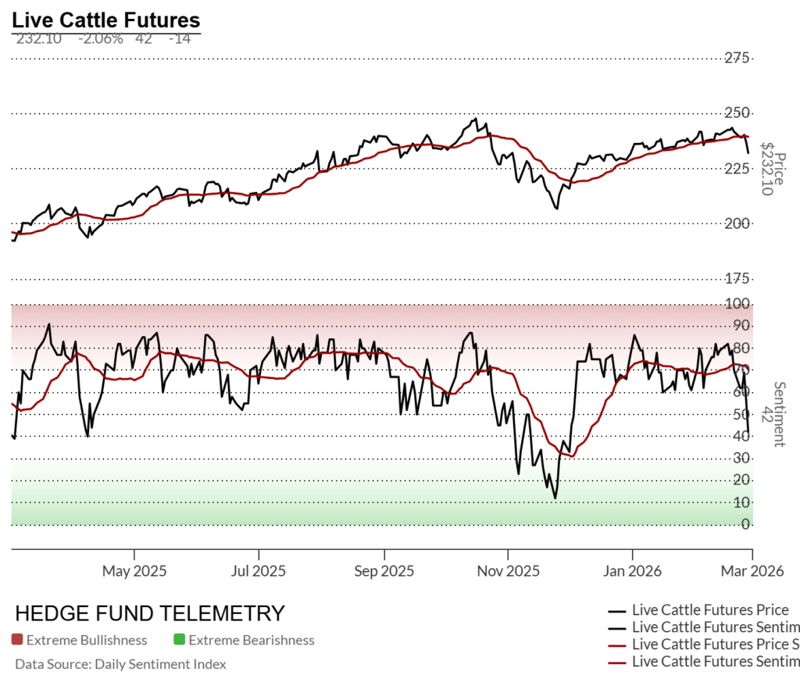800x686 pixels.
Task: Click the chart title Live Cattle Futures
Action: pyautogui.click(x=105, y=20)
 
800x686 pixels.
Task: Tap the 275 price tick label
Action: pyautogui.click(x=737, y=58)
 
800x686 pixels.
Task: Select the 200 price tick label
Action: pyautogui.click(x=737, y=223)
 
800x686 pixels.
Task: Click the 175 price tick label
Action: pyautogui.click(x=737, y=279)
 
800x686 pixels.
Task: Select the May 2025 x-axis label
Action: pyautogui.click(x=134, y=571)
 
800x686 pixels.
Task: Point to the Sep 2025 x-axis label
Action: pyautogui.click(x=384, y=571)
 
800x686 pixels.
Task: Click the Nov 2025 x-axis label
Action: pyautogui.click(x=507, y=571)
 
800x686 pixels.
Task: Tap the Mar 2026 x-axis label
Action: pyautogui.click(x=752, y=571)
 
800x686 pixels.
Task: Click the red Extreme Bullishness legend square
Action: pyautogui.click(x=17, y=640)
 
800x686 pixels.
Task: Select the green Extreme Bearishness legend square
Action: pyautogui.click(x=179, y=640)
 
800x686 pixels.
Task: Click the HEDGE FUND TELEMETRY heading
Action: pyautogui.click(x=150, y=613)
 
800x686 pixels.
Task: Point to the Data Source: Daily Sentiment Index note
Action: pyautogui.click(x=120, y=664)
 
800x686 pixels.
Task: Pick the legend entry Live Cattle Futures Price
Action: pyautogui.click(x=709, y=610)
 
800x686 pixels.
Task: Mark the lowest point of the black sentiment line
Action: pyautogui.click(x=555, y=498)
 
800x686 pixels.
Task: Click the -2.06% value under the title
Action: pyautogui.click(x=100, y=39)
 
